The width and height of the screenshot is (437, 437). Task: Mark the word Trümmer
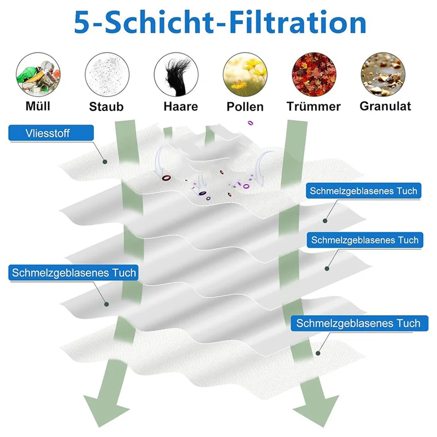pyautogui.click(x=313, y=107)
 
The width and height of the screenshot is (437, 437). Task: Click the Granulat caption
pyautogui.click(x=385, y=105)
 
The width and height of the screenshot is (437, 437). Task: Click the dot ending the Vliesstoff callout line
pyautogui.click(x=105, y=161)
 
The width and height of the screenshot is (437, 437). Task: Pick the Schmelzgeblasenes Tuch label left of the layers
pyautogui.click(x=73, y=272)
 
